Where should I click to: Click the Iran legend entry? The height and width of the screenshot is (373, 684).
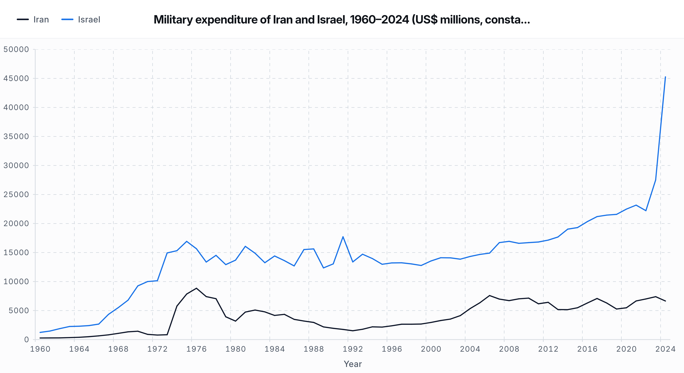(33, 20)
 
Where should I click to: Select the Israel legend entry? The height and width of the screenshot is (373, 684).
(81, 20)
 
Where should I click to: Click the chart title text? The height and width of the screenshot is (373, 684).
(342, 20)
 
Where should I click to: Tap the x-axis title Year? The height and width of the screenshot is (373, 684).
(353, 364)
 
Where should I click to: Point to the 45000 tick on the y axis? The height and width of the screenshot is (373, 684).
(16, 78)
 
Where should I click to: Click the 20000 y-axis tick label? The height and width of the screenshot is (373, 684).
(16, 224)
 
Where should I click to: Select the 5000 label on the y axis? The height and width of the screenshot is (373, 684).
(19, 311)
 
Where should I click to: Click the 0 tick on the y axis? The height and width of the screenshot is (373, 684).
(26, 340)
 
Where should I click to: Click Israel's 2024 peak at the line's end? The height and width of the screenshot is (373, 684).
(665, 77)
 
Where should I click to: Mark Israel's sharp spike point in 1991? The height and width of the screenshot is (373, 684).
(343, 237)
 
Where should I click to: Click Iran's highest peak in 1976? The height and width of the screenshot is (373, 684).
(196, 288)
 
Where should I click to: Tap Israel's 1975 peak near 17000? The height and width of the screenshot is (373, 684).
(187, 241)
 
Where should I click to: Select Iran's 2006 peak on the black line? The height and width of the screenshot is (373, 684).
(489, 296)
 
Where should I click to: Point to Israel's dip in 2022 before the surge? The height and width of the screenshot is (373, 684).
(646, 210)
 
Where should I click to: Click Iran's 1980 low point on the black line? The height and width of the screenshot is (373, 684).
(235, 321)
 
